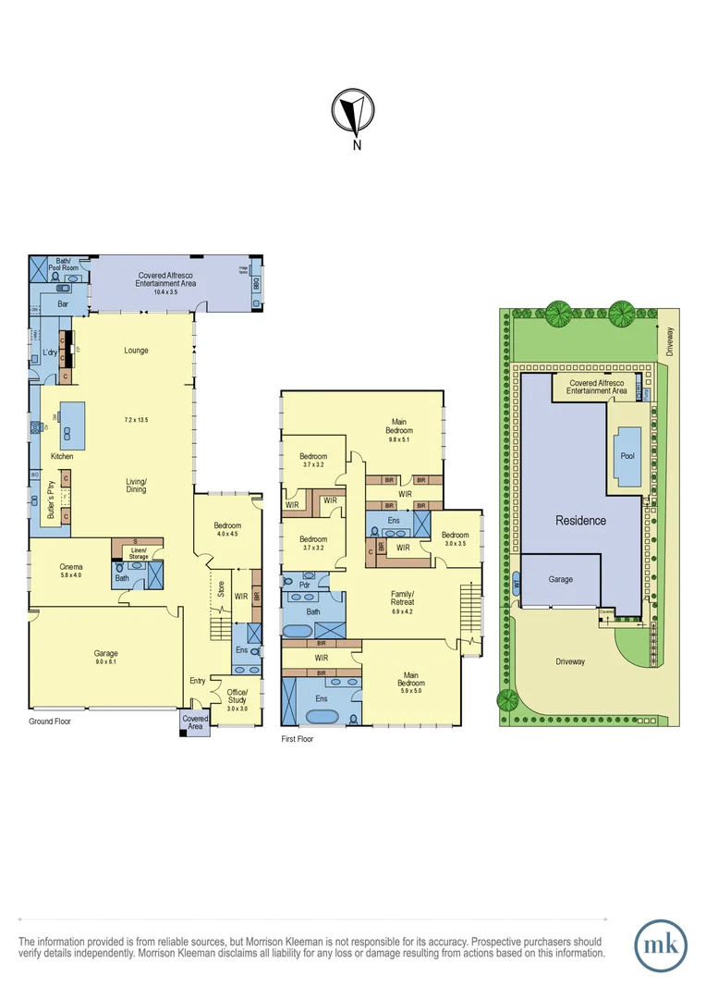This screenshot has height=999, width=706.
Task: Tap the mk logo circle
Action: point(662,945)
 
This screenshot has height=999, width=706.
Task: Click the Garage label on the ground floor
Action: point(105,653)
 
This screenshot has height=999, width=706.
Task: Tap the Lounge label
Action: point(136,350)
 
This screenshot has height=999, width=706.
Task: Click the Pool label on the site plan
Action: point(628,456)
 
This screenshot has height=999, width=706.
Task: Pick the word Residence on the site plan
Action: point(580,521)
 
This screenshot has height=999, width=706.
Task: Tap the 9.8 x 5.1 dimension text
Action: point(399,440)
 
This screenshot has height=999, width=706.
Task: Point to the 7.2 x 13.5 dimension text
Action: point(137,419)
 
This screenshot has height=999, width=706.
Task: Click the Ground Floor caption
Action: point(50,721)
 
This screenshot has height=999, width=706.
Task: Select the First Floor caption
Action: point(297,739)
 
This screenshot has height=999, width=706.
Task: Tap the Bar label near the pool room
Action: point(64,303)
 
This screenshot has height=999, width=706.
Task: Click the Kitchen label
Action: point(62,457)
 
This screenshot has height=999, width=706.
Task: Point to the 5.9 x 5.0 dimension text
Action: point(411,690)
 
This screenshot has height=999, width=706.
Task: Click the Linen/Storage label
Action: point(139,553)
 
